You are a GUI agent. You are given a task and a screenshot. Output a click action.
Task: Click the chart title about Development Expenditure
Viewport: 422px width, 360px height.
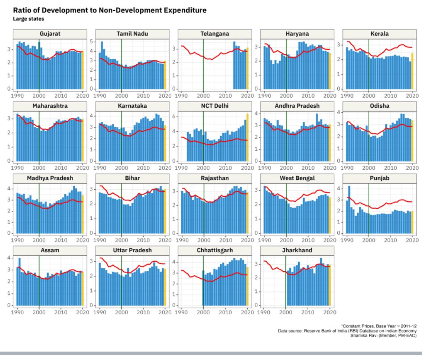click(x=110, y=10)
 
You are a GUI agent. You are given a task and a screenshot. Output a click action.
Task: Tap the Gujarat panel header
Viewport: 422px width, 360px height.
click(x=50, y=34)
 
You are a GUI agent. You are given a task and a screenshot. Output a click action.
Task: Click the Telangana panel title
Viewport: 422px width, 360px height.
click(x=214, y=34)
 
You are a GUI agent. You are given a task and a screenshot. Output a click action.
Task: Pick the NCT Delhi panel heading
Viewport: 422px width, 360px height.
click(x=214, y=106)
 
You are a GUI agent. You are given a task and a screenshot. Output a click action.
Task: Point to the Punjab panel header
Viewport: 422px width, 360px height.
click(x=379, y=178)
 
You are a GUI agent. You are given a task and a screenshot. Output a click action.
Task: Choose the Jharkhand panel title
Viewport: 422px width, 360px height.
click(x=297, y=250)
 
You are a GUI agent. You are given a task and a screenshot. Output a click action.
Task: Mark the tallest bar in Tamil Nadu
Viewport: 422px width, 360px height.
click(x=102, y=65)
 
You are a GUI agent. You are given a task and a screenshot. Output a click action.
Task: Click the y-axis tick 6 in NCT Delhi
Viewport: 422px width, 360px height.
click(x=174, y=117)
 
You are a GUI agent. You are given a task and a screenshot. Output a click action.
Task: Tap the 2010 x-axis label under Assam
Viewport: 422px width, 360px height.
click(x=61, y=312)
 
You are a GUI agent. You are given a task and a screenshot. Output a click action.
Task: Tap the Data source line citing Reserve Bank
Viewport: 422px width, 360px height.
click(x=347, y=331)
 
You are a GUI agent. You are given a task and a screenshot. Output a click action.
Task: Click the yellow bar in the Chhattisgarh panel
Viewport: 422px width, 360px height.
click(x=247, y=286)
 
